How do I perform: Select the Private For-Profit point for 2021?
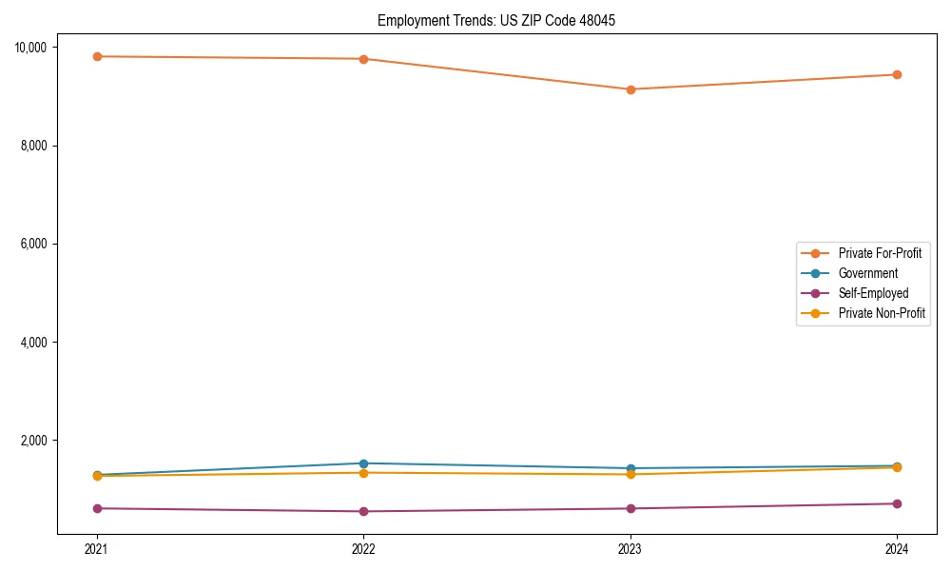pos(96,56)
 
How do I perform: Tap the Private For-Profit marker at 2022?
pos(363,59)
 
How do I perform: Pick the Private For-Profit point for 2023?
pos(631,89)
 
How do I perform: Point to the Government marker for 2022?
pos(363,463)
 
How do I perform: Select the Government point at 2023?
pos(631,468)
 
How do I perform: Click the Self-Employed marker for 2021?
pos(96,508)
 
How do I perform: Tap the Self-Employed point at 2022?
pos(363,511)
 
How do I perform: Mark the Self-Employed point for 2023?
pos(631,508)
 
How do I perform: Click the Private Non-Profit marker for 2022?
pos(363,473)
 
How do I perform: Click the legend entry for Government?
pos(867,273)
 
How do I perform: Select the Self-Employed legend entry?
pos(873,293)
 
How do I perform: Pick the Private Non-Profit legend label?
pos(882,313)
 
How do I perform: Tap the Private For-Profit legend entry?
pos(880,253)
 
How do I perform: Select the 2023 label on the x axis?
pos(631,549)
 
